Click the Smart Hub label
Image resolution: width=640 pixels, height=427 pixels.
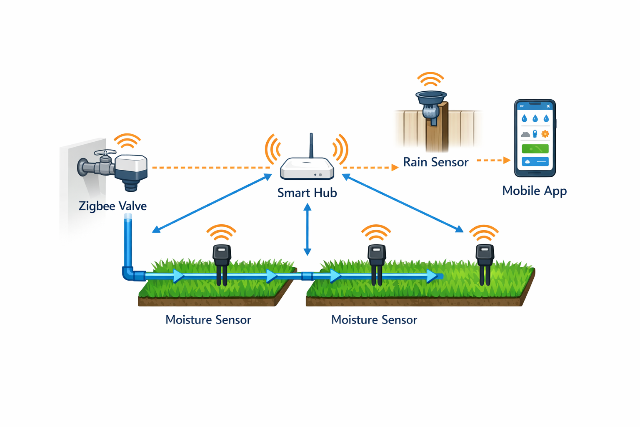pos(307,193)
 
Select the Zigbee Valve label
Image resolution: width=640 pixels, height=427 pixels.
pos(112,206)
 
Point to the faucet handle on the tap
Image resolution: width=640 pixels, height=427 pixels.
pos(105,153)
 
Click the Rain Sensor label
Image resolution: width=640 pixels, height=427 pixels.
pos(435,162)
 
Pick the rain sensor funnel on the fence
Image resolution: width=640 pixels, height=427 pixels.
pos(431,98)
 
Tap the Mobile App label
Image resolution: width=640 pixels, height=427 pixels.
pos(534,191)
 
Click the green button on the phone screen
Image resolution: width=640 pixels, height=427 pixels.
pos(535,148)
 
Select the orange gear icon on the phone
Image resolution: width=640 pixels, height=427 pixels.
pos(545,134)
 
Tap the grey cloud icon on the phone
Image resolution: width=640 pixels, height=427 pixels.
pos(525,134)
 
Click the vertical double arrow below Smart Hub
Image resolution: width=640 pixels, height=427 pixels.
pos(307,229)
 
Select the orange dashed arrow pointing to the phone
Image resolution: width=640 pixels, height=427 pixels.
pos(493,160)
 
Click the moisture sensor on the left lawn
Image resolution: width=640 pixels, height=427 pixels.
pos(222,263)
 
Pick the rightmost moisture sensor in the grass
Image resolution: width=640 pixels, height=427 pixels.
pos(485,263)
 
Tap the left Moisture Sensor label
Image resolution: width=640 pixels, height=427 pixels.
pos(208,320)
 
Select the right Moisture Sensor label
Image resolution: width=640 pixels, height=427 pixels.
pos(374,320)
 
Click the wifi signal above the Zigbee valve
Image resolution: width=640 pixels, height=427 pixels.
pos(127,141)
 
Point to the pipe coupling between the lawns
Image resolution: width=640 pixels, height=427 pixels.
pos(307,276)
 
